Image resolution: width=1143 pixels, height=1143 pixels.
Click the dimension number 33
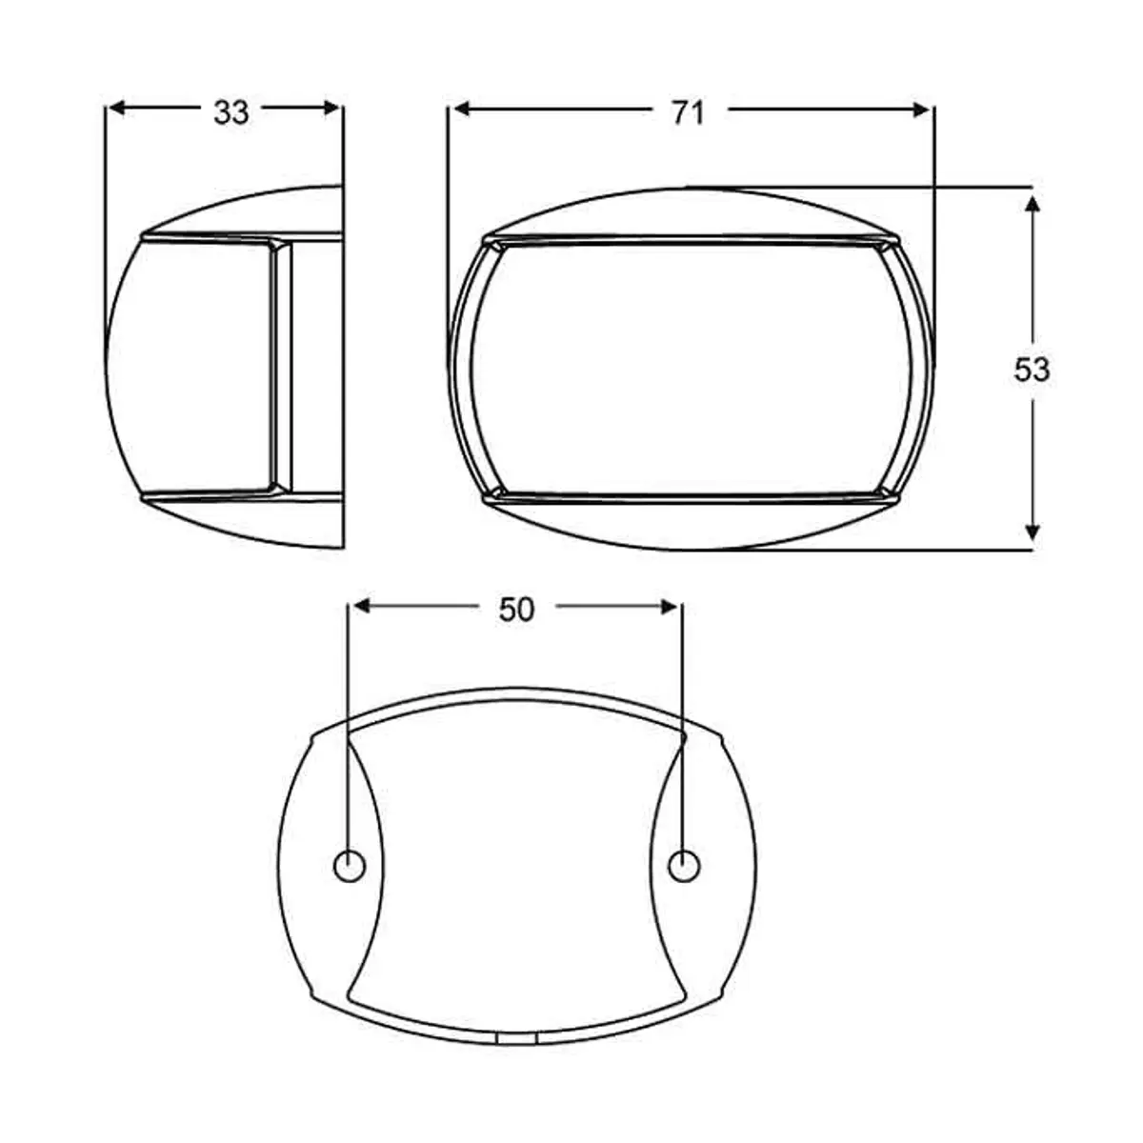point(231,111)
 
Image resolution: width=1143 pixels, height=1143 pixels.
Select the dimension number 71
point(687,112)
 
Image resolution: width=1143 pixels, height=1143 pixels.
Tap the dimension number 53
point(1032,370)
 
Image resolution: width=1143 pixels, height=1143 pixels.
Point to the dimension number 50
point(516,610)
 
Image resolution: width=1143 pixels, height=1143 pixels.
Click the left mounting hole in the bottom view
point(349,866)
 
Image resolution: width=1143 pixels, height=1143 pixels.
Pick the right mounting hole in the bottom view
point(683,866)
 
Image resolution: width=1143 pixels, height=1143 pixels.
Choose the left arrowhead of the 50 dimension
point(363,607)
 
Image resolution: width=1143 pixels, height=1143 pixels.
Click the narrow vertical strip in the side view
point(282,367)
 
